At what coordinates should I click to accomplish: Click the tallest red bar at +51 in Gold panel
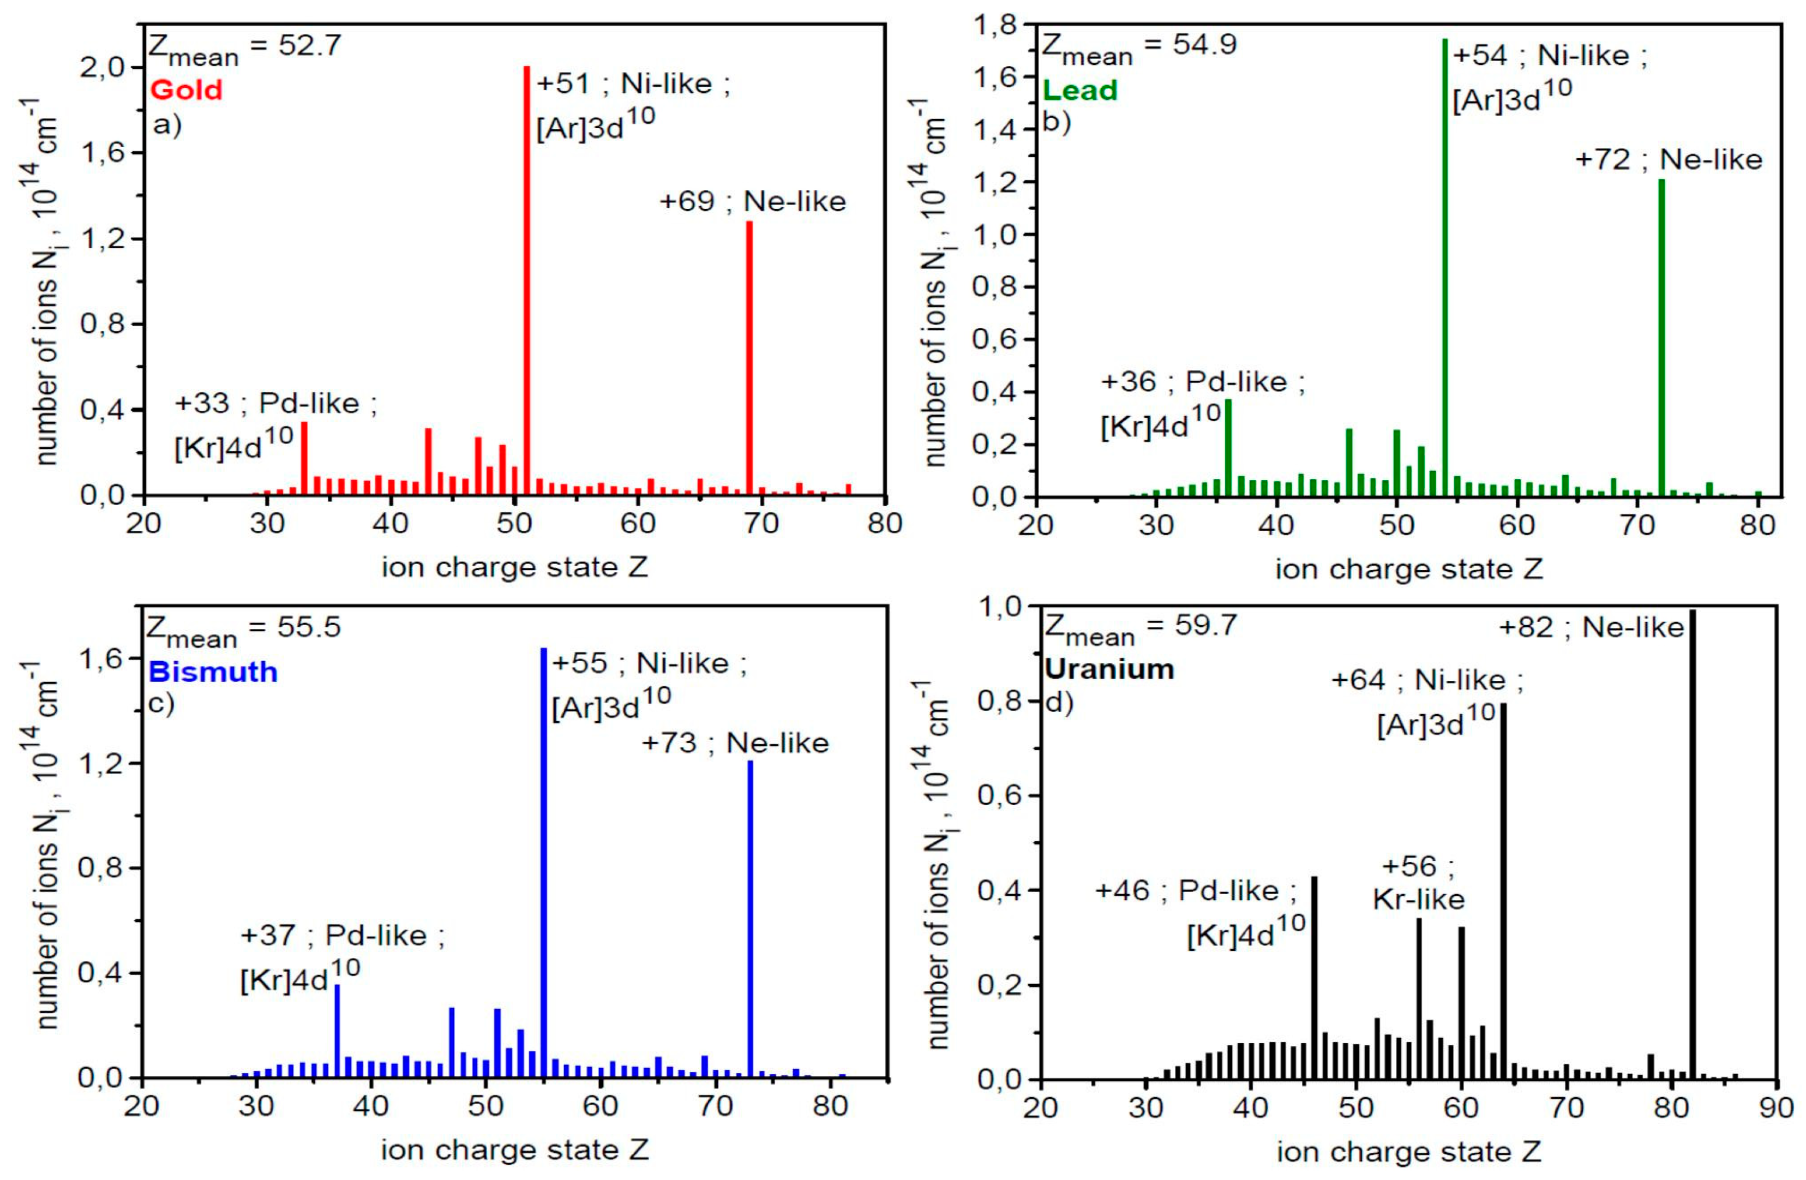tap(526, 281)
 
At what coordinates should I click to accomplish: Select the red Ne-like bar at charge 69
tap(749, 357)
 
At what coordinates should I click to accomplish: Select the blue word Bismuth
tap(213, 672)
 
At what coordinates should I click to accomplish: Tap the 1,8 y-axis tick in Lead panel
tap(1001, 25)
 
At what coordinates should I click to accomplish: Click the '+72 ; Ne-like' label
tap(1669, 159)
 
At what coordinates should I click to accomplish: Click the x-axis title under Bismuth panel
tap(514, 1149)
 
